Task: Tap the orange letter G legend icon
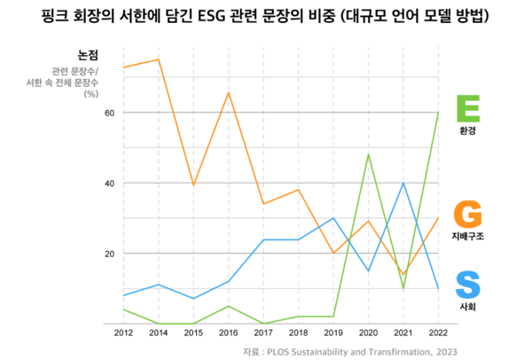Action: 467,215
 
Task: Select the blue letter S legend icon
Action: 467,286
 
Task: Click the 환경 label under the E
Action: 467,130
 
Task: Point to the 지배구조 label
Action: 467,237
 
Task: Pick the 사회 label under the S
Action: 467,307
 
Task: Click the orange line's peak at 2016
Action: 228,92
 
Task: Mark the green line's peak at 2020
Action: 368,154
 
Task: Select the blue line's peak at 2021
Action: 403,183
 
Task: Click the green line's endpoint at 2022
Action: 437,113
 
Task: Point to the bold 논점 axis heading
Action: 88,53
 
